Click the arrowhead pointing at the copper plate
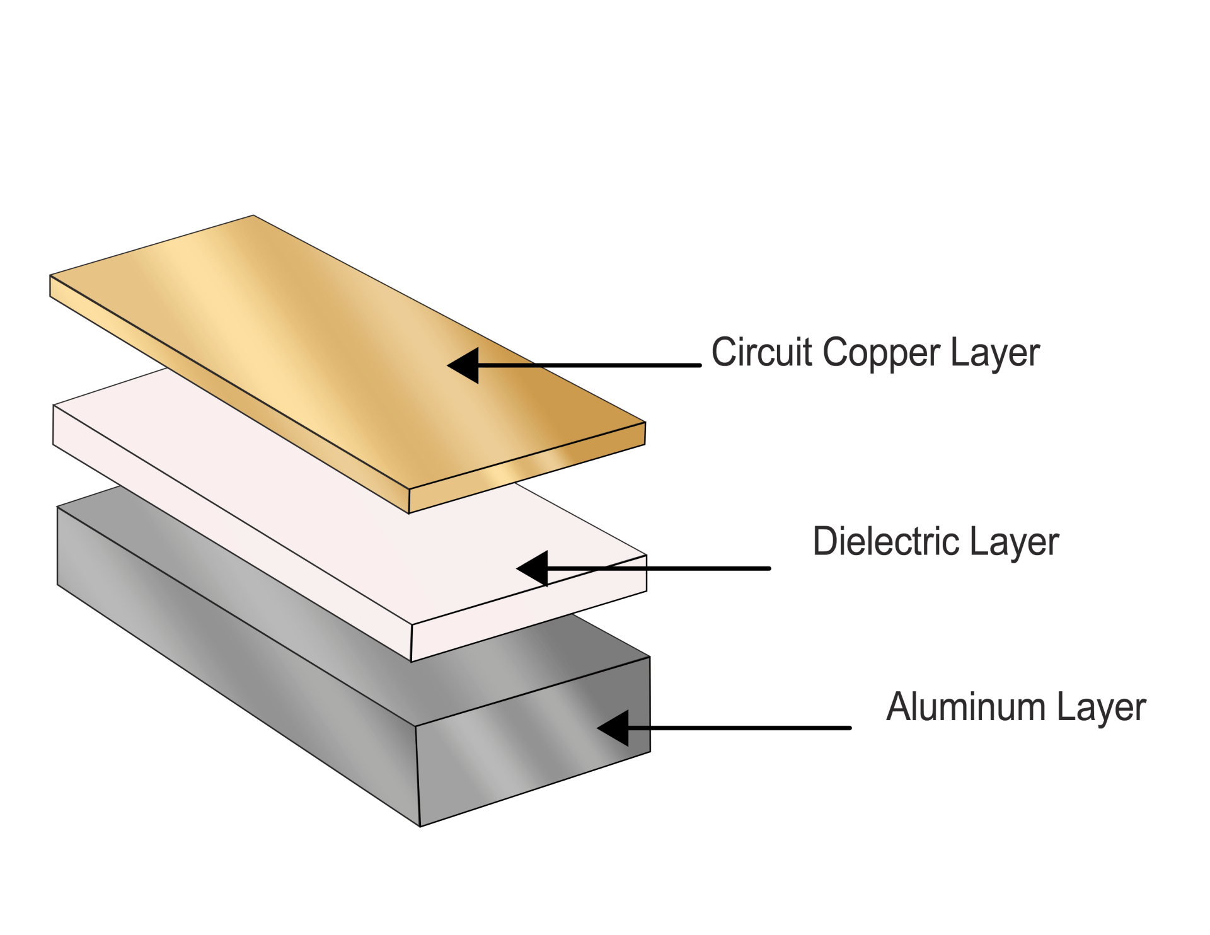(465, 365)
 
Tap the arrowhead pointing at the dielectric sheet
(534, 568)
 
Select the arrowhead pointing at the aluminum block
(615, 728)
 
